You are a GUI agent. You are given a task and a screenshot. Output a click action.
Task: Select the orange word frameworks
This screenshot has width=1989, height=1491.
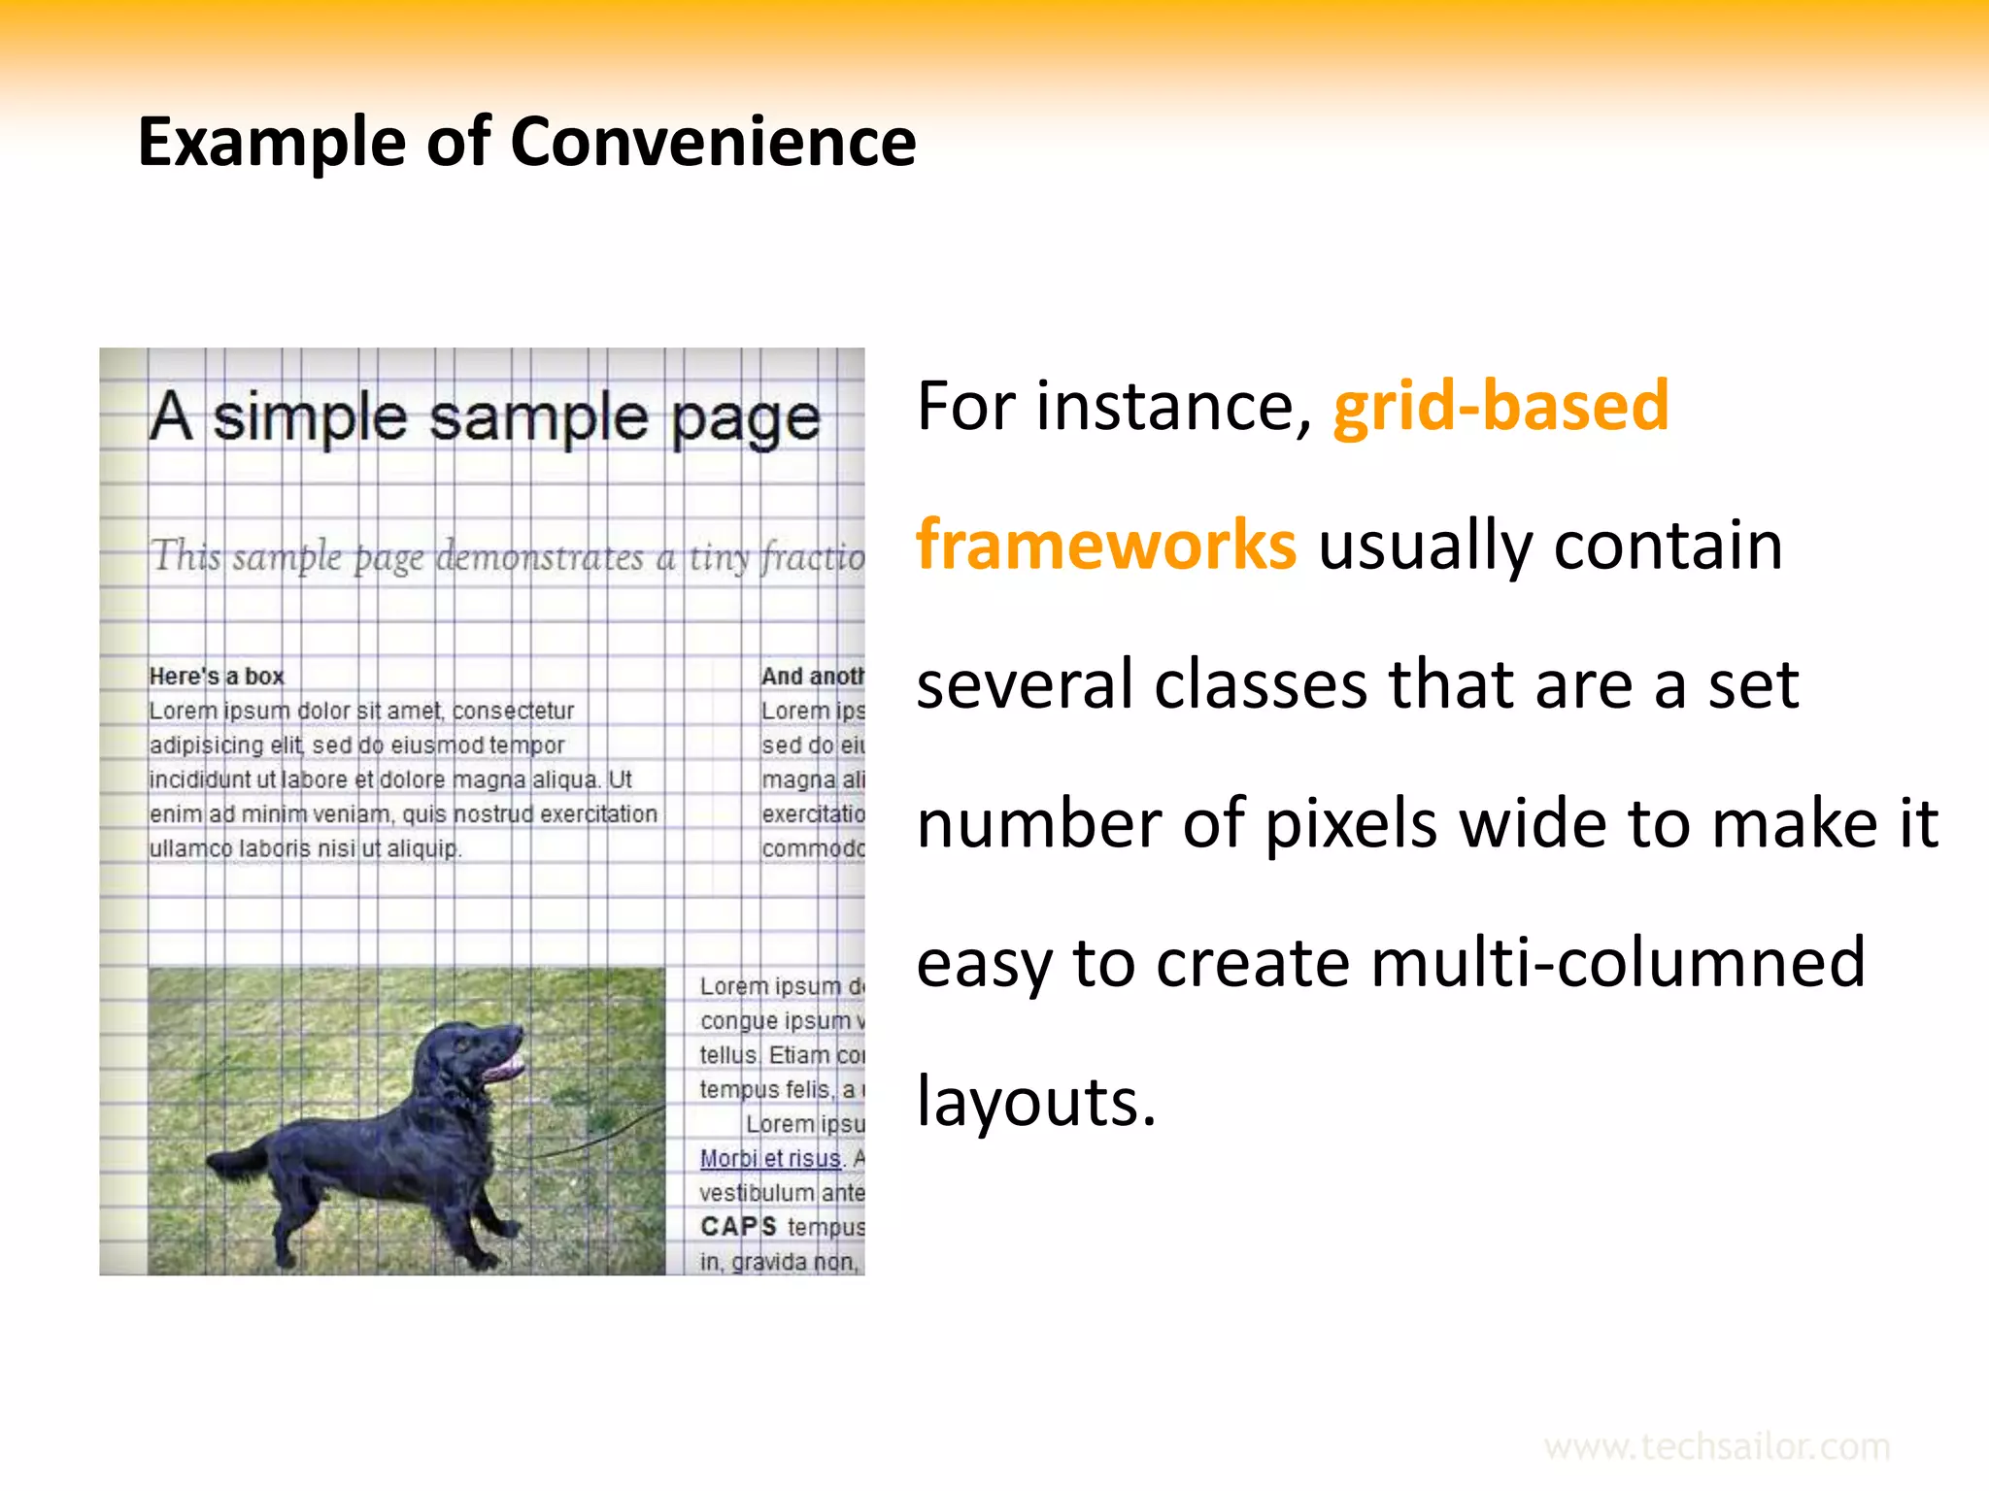click(1105, 545)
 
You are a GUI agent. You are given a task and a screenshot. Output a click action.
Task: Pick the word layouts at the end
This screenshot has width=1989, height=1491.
click(1035, 1102)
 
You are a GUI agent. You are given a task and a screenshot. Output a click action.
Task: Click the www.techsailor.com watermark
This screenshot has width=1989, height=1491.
click(1716, 1446)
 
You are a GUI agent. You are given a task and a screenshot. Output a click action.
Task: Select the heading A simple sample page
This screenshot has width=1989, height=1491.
click(484, 417)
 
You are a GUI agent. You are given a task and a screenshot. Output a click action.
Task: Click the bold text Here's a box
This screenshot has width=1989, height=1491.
click(216, 677)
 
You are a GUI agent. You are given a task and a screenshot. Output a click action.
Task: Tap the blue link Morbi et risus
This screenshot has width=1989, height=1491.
click(769, 1158)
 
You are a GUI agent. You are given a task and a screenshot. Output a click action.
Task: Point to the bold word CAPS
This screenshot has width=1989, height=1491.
click(738, 1227)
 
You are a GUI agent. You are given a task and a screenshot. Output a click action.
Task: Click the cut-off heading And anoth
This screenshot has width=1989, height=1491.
click(812, 677)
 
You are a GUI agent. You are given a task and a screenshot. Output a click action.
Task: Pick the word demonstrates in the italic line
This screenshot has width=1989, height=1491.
click(540, 557)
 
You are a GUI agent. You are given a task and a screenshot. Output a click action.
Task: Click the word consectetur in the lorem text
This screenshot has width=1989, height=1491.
click(513, 711)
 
